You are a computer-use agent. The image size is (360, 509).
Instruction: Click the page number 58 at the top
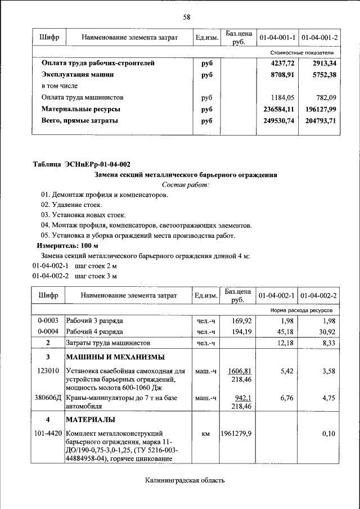[187, 17]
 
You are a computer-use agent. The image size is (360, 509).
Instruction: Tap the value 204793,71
[319, 120]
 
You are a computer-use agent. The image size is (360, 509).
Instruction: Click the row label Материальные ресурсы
[81, 109]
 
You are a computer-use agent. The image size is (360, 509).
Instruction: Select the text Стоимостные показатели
[302, 52]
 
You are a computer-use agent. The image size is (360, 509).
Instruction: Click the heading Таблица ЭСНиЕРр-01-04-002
[82, 164]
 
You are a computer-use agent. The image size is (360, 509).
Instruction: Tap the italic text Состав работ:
[185, 184]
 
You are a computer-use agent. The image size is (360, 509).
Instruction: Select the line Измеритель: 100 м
[67, 246]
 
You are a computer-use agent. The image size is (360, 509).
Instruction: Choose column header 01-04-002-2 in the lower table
[318, 295]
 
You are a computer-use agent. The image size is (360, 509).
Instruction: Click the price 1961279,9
[236, 434]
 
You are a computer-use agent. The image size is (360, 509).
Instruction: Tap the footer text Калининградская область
[184, 480]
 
